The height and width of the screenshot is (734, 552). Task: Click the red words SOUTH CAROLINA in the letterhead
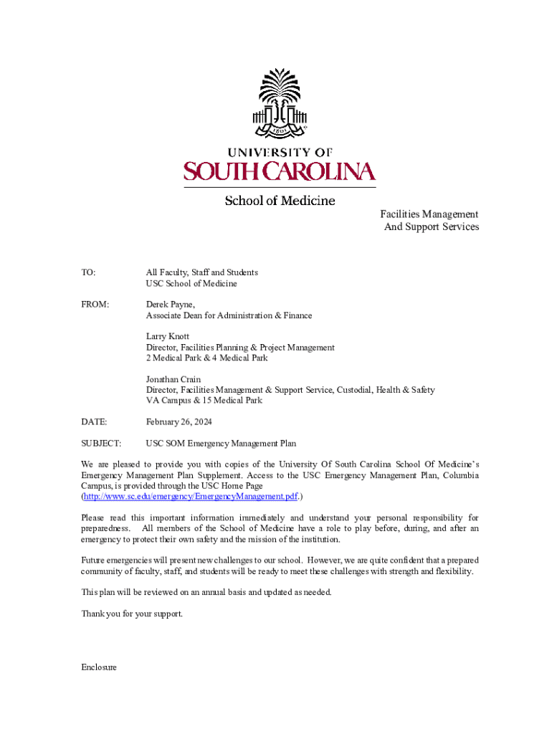point(280,171)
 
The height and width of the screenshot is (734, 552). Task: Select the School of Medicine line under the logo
point(280,201)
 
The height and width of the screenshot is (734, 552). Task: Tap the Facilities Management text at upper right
point(429,214)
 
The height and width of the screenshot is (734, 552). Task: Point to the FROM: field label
point(95,305)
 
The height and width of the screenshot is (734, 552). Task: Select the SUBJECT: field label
point(101,444)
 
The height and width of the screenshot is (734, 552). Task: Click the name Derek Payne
point(170,305)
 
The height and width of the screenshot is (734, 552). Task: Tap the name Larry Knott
point(168,336)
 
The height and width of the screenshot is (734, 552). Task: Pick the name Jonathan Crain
point(173,379)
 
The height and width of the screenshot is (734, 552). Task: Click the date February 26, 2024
point(179,422)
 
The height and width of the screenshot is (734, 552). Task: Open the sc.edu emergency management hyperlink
point(190,496)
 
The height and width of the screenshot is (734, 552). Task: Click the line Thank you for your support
point(133,614)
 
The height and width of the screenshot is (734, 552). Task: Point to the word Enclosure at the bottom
point(99,667)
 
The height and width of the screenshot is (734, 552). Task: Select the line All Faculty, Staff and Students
point(202,272)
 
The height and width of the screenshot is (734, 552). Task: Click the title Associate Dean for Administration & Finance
point(229,315)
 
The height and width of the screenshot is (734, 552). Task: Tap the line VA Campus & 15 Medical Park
point(204,401)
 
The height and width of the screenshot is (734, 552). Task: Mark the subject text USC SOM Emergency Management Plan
point(221,444)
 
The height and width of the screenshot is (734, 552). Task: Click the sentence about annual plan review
point(206,592)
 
